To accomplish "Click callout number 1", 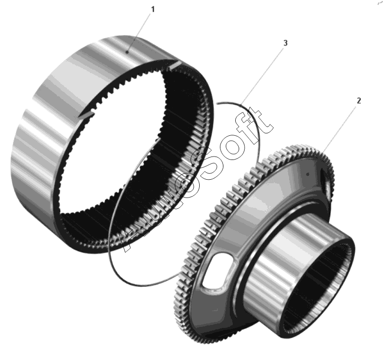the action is (x=153, y=9).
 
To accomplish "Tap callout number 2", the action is (x=359, y=101).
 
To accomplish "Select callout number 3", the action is (x=285, y=43).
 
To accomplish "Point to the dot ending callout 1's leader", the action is (x=128, y=52).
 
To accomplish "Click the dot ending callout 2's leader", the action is (x=308, y=174).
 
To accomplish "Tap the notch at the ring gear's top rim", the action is (x=175, y=65).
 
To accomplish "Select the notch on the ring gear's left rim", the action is (x=86, y=115).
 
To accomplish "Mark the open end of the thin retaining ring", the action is (x=217, y=104).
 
